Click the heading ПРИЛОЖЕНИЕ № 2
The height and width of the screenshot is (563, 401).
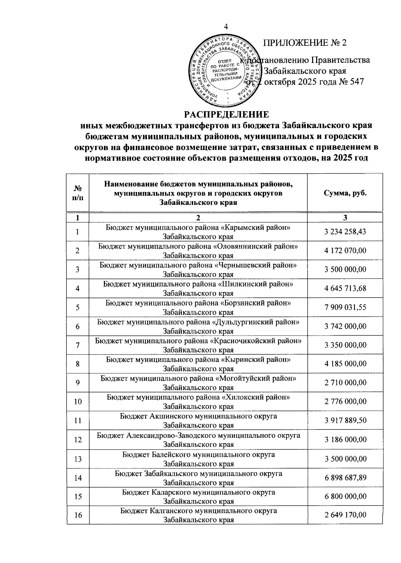(x=305, y=43)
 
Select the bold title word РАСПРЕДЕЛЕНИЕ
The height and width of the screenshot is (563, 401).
(x=227, y=115)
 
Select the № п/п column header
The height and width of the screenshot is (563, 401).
(x=78, y=193)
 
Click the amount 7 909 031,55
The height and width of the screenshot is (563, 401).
(x=345, y=307)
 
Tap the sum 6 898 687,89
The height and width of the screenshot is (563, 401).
(x=345, y=478)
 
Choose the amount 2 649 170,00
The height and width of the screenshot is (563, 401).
(x=345, y=515)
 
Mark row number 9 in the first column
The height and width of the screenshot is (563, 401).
(x=78, y=383)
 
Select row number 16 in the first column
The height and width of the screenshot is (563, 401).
(x=78, y=515)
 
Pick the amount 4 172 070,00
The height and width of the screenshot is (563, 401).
(x=345, y=250)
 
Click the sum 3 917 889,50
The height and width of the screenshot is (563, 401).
(x=345, y=420)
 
